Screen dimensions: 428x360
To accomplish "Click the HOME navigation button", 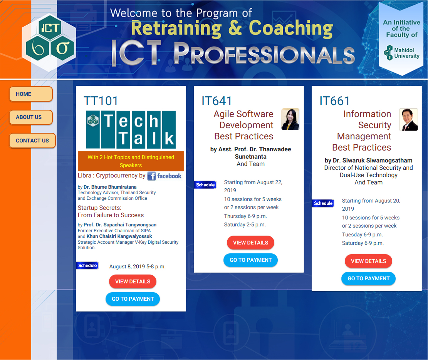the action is click(x=31, y=94).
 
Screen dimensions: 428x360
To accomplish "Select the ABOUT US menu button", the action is click(x=31, y=117).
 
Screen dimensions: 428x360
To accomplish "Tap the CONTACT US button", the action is click(x=32, y=141).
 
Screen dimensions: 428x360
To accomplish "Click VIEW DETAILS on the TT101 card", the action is click(x=133, y=281).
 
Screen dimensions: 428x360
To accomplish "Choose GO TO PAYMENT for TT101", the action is click(x=133, y=299).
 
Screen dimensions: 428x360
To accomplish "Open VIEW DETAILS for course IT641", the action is click(x=250, y=243).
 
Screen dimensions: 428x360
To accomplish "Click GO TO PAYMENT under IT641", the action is click(x=250, y=260).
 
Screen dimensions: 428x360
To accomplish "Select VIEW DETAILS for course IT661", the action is click(x=369, y=261).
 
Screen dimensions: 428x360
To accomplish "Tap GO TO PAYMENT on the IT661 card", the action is click(x=369, y=278).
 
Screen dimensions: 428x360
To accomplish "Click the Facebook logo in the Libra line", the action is click(x=164, y=176).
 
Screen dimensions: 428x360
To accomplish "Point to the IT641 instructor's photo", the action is click(x=290, y=119).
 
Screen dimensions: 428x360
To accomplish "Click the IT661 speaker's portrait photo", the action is click(x=408, y=119).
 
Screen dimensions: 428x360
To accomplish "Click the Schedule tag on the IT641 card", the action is click(x=205, y=185).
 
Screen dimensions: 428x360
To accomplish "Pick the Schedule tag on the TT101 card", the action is click(x=87, y=265).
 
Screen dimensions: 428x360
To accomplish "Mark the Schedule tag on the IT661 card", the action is click(x=323, y=203).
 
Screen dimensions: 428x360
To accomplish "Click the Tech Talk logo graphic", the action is click(x=131, y=129).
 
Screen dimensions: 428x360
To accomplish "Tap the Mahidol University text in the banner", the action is click(x=406, y=53).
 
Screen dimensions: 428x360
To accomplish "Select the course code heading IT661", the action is click(x=335, y=101).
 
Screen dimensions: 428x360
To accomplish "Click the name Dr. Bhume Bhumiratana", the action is click(x=110, y=187).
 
